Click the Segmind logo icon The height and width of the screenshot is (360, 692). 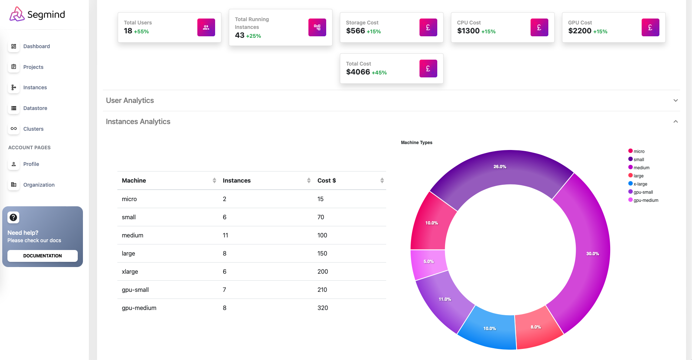[x=17, y=14]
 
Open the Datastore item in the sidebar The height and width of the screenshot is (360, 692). [x=35, y=108]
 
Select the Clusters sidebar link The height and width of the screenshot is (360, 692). [x=33, y=129]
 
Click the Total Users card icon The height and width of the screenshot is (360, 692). [x=206, y=27]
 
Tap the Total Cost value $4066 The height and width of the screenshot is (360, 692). [x=358, y=72]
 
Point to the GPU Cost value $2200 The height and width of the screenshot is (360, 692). [x=580, y=31]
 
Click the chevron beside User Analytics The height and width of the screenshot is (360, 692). [x=675, y=100]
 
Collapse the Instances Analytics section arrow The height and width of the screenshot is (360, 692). [x=675, y=121]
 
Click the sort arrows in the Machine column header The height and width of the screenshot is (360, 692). [x=214, y=180]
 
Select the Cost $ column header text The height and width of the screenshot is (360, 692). [x=327, y=180]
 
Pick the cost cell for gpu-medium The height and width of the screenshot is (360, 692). [x=322, y=308]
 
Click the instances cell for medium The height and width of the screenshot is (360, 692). [x=225, y=235]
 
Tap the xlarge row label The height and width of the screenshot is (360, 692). [x=130, y=271]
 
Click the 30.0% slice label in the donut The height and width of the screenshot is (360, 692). [x=592, y=254]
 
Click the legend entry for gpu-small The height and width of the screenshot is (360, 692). [x=643, y=192]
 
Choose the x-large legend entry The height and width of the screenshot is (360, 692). [x=640, y=184]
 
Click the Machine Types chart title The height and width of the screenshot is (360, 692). [x=417, y=143]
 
